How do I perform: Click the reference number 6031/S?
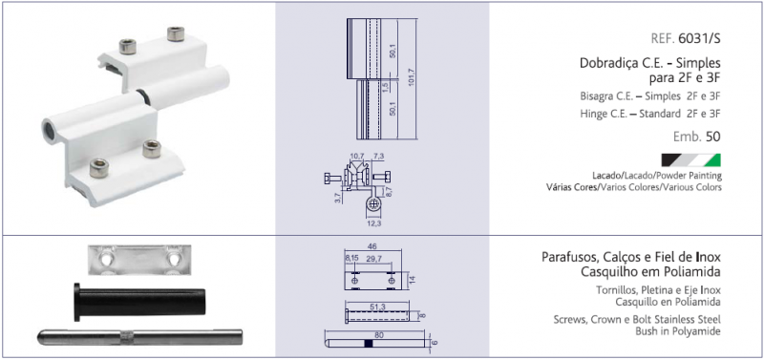coord(699,39)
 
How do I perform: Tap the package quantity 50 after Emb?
coord(712,137)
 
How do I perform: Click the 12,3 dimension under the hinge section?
coord(372,223)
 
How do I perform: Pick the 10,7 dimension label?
coord(357,157)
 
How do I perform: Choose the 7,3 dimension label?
coord(378,157)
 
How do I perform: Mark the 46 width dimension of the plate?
coord(372,246)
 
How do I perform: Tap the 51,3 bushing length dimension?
coord(377,307)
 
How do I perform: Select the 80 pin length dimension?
coord(374,334)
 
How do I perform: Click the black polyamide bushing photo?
coord(139,302)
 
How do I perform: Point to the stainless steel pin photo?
coord(140,337)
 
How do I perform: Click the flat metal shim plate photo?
coord(139,259)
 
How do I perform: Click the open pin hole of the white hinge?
coord(51,131)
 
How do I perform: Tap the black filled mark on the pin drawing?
coord(369,344)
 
